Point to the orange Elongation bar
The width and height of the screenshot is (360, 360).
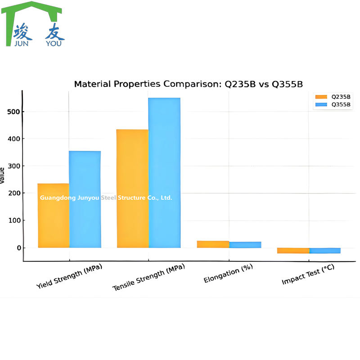(x=213, y=244)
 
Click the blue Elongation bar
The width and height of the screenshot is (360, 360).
(x=245, y=245)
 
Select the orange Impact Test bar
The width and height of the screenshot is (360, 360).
(x=293, y=251)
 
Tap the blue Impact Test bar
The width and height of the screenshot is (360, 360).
(x=325, y=251)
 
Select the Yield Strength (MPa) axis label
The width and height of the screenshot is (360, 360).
(x=70, y=275)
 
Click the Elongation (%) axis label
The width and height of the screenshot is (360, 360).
(x=228, y=273)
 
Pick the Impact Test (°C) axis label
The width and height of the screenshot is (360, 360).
(x=308, y=274)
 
